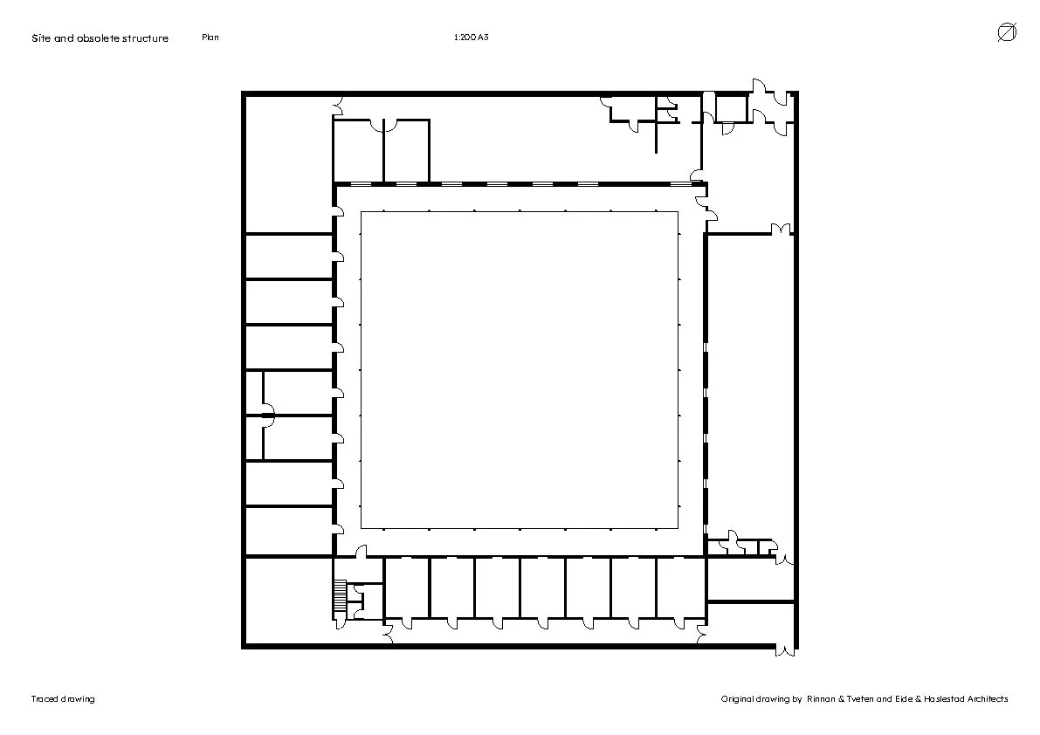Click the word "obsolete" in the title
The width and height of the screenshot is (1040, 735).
(x=98, y=38)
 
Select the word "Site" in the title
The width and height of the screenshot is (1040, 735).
(x=40, y=38)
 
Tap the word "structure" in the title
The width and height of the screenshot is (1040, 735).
(x=145, y=38)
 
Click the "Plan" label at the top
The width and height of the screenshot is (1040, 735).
(x=210, y=38)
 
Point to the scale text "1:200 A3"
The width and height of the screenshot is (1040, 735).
(x=471, y=38)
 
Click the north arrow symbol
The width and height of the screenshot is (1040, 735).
(x=1007, y=32)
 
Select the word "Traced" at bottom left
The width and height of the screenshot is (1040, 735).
(x=45, y=698)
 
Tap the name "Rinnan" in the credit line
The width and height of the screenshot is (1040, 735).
(x=821, y=698)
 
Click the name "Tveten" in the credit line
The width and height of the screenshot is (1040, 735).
(x=859, y=698)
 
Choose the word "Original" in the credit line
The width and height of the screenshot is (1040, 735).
(x=738, y=698)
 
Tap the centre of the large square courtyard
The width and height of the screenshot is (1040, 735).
(x=520, y=370)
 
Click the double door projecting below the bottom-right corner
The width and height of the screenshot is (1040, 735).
(x=785, y=650)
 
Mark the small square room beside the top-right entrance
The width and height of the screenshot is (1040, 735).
(x=731, y=109)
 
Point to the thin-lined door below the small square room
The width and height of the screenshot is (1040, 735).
(x=727, y=128)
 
